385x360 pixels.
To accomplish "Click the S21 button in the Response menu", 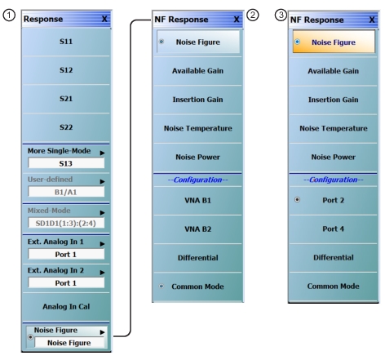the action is (66, 99).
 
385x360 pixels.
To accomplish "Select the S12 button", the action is (66, 70).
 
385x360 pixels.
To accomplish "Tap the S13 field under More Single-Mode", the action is (66, 163).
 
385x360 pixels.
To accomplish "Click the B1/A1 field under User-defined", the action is (66, 192).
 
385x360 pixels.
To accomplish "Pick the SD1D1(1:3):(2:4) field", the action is (66, 224).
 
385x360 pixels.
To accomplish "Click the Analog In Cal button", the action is (66, 307).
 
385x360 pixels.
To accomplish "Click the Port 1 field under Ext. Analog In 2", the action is (66, 283).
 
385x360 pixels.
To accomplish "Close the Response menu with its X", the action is (104, 19).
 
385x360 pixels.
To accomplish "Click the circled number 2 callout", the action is (253, 15).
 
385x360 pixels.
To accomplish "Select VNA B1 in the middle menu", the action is (197, 201).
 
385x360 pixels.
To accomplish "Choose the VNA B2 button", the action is (197, 229).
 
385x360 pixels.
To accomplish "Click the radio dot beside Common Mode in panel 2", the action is (162, 286).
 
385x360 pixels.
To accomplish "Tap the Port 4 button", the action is (333, 229).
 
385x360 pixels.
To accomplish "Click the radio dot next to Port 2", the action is (298, 200).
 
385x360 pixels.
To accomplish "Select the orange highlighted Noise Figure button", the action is (334, 42).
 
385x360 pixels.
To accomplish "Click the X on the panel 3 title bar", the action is (372, 20).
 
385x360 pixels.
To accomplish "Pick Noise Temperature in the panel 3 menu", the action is (333, 128).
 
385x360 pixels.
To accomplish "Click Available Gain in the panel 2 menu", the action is (197, 71).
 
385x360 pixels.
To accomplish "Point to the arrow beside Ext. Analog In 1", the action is (102, 244).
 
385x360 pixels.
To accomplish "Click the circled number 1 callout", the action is (9, 16).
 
